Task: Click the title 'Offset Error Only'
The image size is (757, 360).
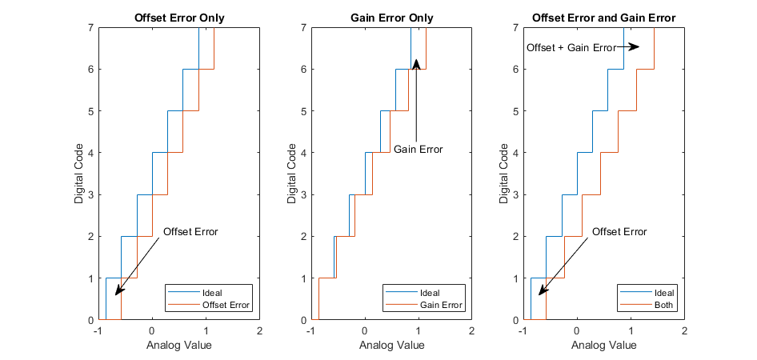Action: coord(178,18)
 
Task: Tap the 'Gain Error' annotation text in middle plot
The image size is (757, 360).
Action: coord(418,150)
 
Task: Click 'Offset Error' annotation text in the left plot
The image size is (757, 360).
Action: coord(190,232)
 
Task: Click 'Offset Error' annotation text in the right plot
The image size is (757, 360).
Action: coord(619,232)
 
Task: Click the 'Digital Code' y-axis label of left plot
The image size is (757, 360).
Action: coord(79,174)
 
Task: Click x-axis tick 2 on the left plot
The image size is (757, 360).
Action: coord(259,331)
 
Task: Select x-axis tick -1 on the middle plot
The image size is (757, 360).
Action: coord(310,331)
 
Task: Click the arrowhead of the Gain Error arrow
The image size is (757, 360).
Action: coord(416,62)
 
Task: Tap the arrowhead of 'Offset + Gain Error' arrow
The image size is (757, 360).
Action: coord(635,47)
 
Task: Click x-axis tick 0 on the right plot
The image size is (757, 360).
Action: coord(577,331)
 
